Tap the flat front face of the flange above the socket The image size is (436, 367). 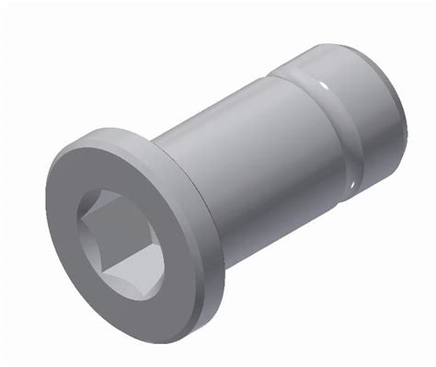pos(120,166)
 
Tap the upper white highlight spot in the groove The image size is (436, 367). pos(324,86)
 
